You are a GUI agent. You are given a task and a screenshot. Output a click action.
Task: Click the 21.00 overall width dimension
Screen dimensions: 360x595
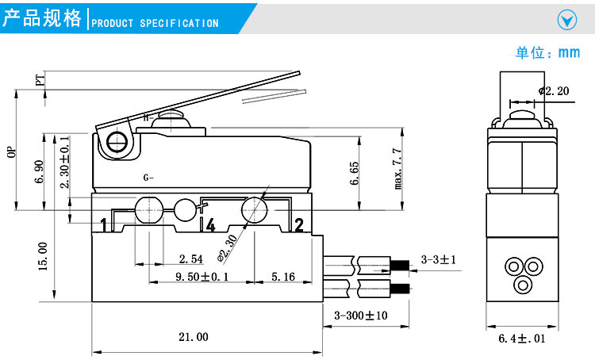click(193, 337)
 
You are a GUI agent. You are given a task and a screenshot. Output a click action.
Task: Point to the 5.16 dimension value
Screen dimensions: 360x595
click(283, 277)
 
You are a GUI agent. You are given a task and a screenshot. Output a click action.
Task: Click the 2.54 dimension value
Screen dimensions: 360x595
click(191, 259)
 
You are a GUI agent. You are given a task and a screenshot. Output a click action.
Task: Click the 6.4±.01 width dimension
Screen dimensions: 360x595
click(522, 339)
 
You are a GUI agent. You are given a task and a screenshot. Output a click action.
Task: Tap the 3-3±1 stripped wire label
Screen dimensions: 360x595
click(443, 259)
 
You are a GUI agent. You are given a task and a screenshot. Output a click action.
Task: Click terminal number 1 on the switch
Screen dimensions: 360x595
click(103, 225)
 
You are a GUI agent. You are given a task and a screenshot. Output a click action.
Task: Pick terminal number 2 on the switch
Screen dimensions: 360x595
click(299, 225)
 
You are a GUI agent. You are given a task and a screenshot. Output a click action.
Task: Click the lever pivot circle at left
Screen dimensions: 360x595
click(118, 143)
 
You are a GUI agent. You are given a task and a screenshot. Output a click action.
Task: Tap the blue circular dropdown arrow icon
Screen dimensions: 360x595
click(566, 20)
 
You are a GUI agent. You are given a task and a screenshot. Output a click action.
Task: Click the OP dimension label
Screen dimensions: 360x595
click(12, 152)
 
